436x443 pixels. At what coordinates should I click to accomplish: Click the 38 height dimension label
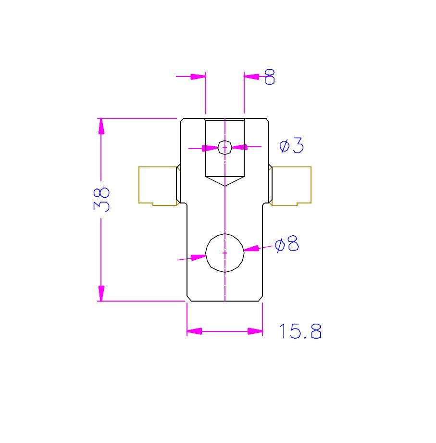pos(101,200)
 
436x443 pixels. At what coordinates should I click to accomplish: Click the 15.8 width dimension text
pos(300,331)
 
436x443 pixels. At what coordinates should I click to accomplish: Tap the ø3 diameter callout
pos(291,145)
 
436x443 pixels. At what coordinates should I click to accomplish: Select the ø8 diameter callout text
pos(287,244)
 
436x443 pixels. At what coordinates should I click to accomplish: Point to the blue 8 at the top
pos(270,77)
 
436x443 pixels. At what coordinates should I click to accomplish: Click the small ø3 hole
pos(225,148)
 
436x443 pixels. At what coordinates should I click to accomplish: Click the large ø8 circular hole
pos(225,253)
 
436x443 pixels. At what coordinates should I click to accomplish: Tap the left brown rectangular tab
pos(158,186)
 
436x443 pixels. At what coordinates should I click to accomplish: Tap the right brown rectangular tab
pos(291,186)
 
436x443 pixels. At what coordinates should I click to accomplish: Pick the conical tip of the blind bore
pos(225,186)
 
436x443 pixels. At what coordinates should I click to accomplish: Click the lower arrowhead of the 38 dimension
pos(101,293)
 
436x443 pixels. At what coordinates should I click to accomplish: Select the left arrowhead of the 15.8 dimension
pos(194,331)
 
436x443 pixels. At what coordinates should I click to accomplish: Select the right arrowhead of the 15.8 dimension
pos(255,331)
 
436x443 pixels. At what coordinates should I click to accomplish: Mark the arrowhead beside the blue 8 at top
pos(251,76)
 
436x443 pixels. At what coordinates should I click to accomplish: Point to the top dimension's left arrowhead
pos(198,76)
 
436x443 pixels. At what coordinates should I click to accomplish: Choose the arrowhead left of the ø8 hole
pos(199,257)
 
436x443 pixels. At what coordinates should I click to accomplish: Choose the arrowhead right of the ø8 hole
pos(251,248)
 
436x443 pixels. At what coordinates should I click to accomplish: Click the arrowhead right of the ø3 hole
pos(240,147)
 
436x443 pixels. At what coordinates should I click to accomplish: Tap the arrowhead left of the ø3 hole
pos(210,148)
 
